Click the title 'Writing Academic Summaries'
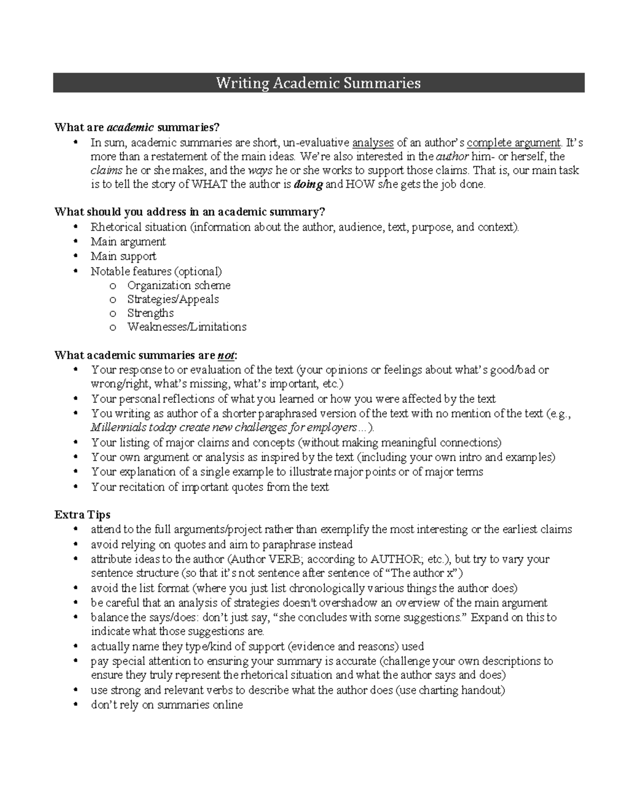pyautogui.click(x=318, y=83)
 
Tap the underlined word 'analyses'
pyautogui.click(x=372, y=143)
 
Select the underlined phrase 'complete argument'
pyautogui.click(x=513, y=143)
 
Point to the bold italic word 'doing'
pyautogui.click(x=308, y=185)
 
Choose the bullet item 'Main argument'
pyautogui.click(x=128, y=241)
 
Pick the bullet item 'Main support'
pyautogui.click(x=123, y=256)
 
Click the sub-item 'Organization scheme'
pyautogui.click(x=178, y=285)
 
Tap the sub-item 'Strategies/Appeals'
pyautogui.click(x=173, y=299)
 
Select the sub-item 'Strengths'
pyautogui.click(x=150, y=313)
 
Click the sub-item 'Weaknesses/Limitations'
pyautogui.click(x=187, y=327)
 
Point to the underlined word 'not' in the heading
pyautogui.click(x=225, y=355)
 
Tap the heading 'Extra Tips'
pyautogui.click(x=82, y=515)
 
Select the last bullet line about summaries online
pyautogui.click(x=167, y=705)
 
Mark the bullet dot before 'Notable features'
pyautogui.click(x=76, y=271)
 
